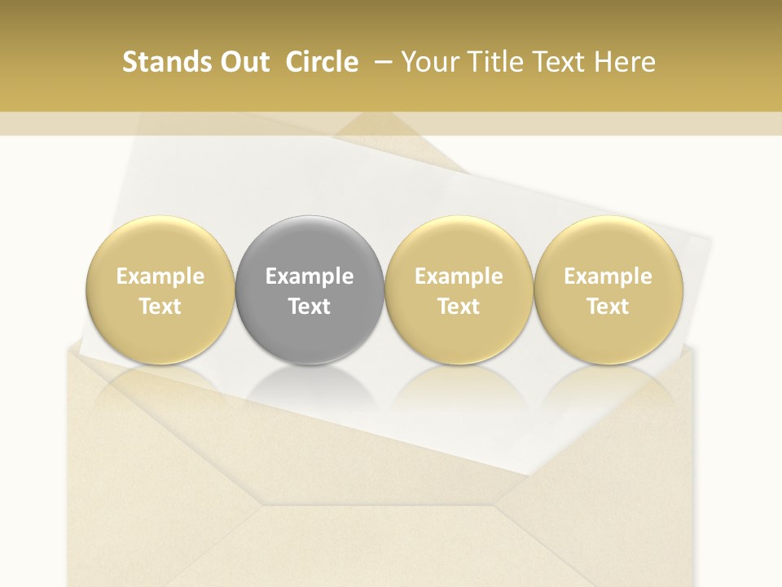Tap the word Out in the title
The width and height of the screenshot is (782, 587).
click(243, 62)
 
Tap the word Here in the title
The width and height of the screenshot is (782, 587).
click(626, 62)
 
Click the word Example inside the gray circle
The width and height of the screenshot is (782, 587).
click(310, 276)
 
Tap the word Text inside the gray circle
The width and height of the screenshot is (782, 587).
click(310, 307)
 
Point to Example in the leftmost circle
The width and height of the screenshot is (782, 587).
click(160, 276)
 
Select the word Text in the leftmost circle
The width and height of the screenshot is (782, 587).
click(160, 307)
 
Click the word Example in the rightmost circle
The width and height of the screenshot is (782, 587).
click(608, 276)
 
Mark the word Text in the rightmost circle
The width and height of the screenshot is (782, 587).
click(608, 307)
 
